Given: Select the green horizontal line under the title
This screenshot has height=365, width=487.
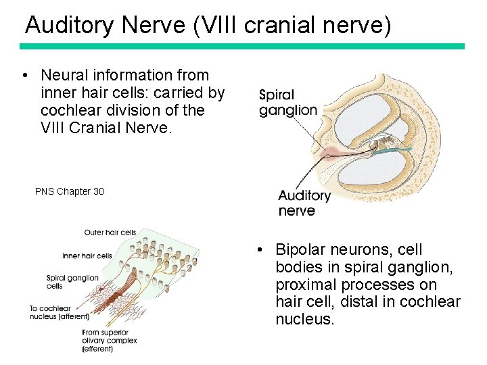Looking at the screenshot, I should pyautogui.click(x=242, y=47).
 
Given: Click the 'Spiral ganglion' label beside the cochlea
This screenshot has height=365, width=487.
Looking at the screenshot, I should pyautogui.click(x=287, y=103).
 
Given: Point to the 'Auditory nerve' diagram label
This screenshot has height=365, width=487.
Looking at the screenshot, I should pyautogui.click(x=304, y=203).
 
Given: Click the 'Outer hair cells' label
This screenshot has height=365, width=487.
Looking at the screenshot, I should pyautogui.click(x=110, y=233).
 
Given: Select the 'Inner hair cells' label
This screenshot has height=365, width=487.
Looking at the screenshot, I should pyautogui.click(x=87, y=256).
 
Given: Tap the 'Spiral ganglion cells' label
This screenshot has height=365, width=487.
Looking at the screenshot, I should pyautogui.click(x=72, y=282).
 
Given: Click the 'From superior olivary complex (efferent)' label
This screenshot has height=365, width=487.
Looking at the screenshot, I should pyautogui.click(x=109, y=340).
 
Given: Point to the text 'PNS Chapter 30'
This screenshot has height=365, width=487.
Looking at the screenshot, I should pyautogui.click(x=70, y=191).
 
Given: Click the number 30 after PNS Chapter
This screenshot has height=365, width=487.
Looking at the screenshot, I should pyautogui.click(x=98, y=191).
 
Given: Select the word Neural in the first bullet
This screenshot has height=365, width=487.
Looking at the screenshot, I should pyautogui.click(x=62, y=75).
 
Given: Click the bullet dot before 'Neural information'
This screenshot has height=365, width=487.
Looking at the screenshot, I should pyautogui.click(x=24, y=75).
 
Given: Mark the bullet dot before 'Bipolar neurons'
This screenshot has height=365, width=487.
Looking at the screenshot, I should pyautogui.click(x=260, y=250).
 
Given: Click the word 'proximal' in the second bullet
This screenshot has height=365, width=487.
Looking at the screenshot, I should pyautogui.click(x=302, y=285).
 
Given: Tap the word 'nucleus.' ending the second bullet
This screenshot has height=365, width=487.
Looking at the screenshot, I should pyautogui.click(x=305, y=319).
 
